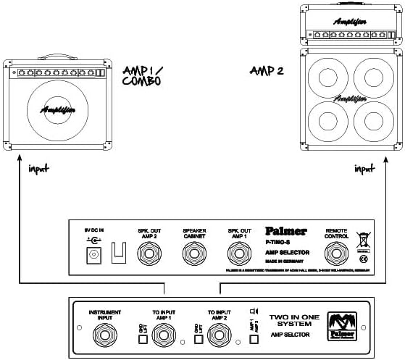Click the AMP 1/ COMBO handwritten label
click(x=143, y=75)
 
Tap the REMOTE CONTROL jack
click(x=337, y=254)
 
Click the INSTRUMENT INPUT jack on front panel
click(x=104, y=333)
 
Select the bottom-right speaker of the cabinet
click(x=371, y=119)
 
